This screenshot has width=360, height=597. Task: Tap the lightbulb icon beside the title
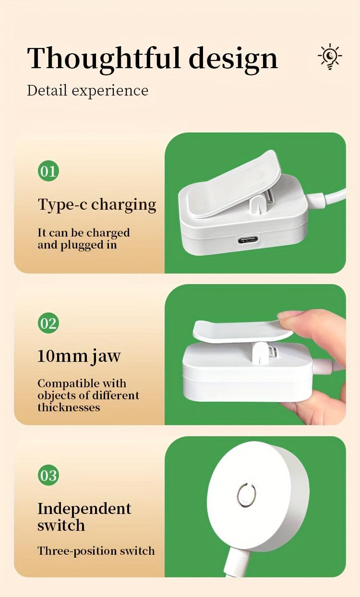coord(330,57)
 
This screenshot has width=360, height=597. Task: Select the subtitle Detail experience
coord(87,90)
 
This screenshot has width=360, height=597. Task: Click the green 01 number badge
coord(48,171)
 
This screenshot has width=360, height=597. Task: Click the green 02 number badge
coord(48,323)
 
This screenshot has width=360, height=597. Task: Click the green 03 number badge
coord(48,476)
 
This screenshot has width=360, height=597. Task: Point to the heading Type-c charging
coord(97,205)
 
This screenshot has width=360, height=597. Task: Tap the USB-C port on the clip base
coord(248,239)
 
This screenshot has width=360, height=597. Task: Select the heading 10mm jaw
coord(79,357)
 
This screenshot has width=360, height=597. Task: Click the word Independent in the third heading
coord(84,509)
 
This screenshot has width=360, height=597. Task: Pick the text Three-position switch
coord(96,550)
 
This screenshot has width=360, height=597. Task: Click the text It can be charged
coord(84,233)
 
